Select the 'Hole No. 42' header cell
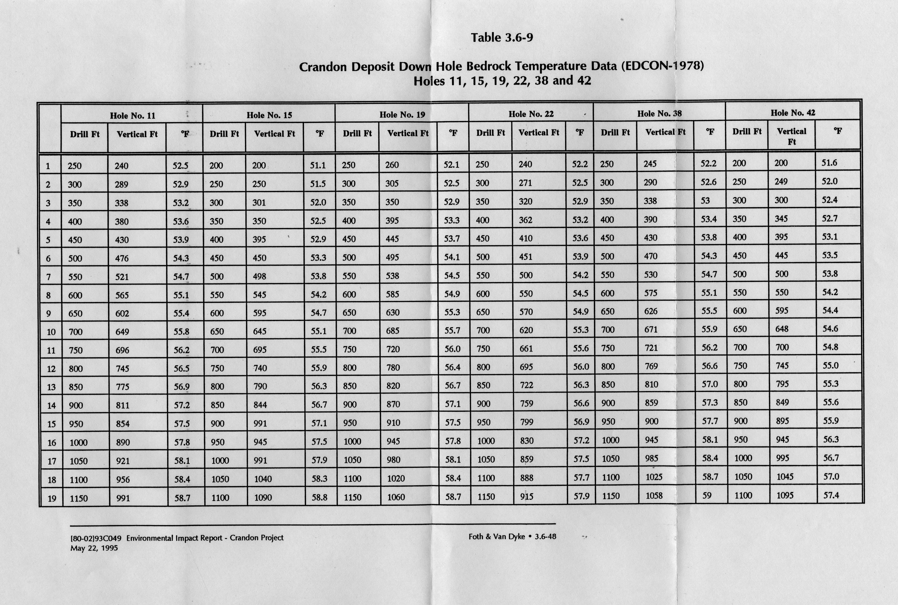click(x=793, y=113)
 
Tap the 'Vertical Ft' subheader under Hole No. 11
click(x=137, y=134)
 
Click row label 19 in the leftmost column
click(x=52, y=498)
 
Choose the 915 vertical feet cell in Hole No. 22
click(x=527, y=497)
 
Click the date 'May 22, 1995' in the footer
click(x=94, y=548)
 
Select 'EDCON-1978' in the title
click(x=661, y=66)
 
